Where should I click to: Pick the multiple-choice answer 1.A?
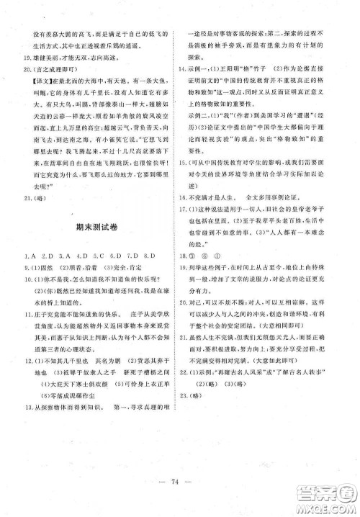pos(27,256)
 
